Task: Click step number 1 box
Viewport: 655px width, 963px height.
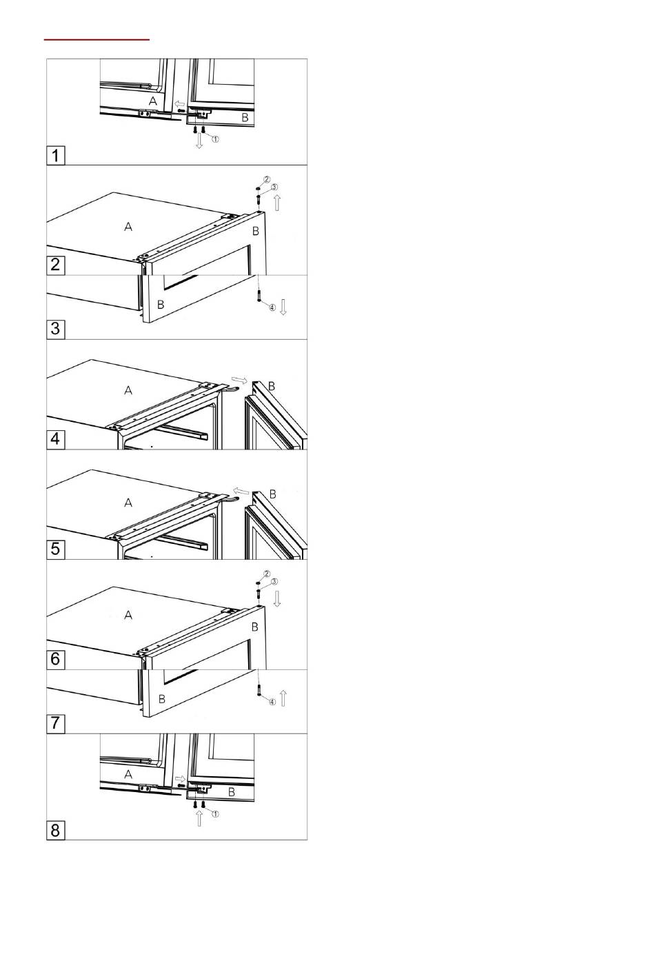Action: pyautogui.click(x=55, y=155)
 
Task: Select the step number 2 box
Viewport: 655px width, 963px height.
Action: pyautogui.click(x=55, y=265)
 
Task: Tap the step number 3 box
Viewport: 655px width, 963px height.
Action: pyautogui.click(x=55, y=330)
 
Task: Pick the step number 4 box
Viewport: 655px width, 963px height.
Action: pyautogui.click(x=55, y=439)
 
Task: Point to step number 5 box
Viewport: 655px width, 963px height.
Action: pyautogui.click(x=55, y=549)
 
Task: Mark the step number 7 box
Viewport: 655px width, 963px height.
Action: pyautogui.click(x=55, y=724)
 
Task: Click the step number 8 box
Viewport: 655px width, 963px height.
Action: pyautogui.click(x=55, y=830)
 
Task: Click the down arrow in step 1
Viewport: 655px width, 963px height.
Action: pyautogui.click(x=199, y=141)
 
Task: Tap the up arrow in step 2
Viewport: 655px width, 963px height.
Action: pyautogui.click(x=277, y=202)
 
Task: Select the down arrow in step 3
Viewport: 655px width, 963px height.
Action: pyautogui.click(x=283, y=307)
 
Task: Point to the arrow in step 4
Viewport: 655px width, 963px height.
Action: pyautogui.click(x=239, y=380)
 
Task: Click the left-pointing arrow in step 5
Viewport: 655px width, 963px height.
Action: pyautogui.click(x=241, y=491)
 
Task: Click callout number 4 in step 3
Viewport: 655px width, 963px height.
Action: pyautogui.click(x=272, y=307)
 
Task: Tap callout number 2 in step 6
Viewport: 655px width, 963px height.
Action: pyautogui.click(x=267, y=574)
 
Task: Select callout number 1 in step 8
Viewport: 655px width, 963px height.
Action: pyautogui.click(x=216, y=814)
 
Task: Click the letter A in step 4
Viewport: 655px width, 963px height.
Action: pyautogui.click(x=128, y=390)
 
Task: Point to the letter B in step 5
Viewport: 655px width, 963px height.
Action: pyautogui.click(x=272, y=494)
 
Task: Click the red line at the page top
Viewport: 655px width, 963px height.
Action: pyautogui.click(x=97, y=40)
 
